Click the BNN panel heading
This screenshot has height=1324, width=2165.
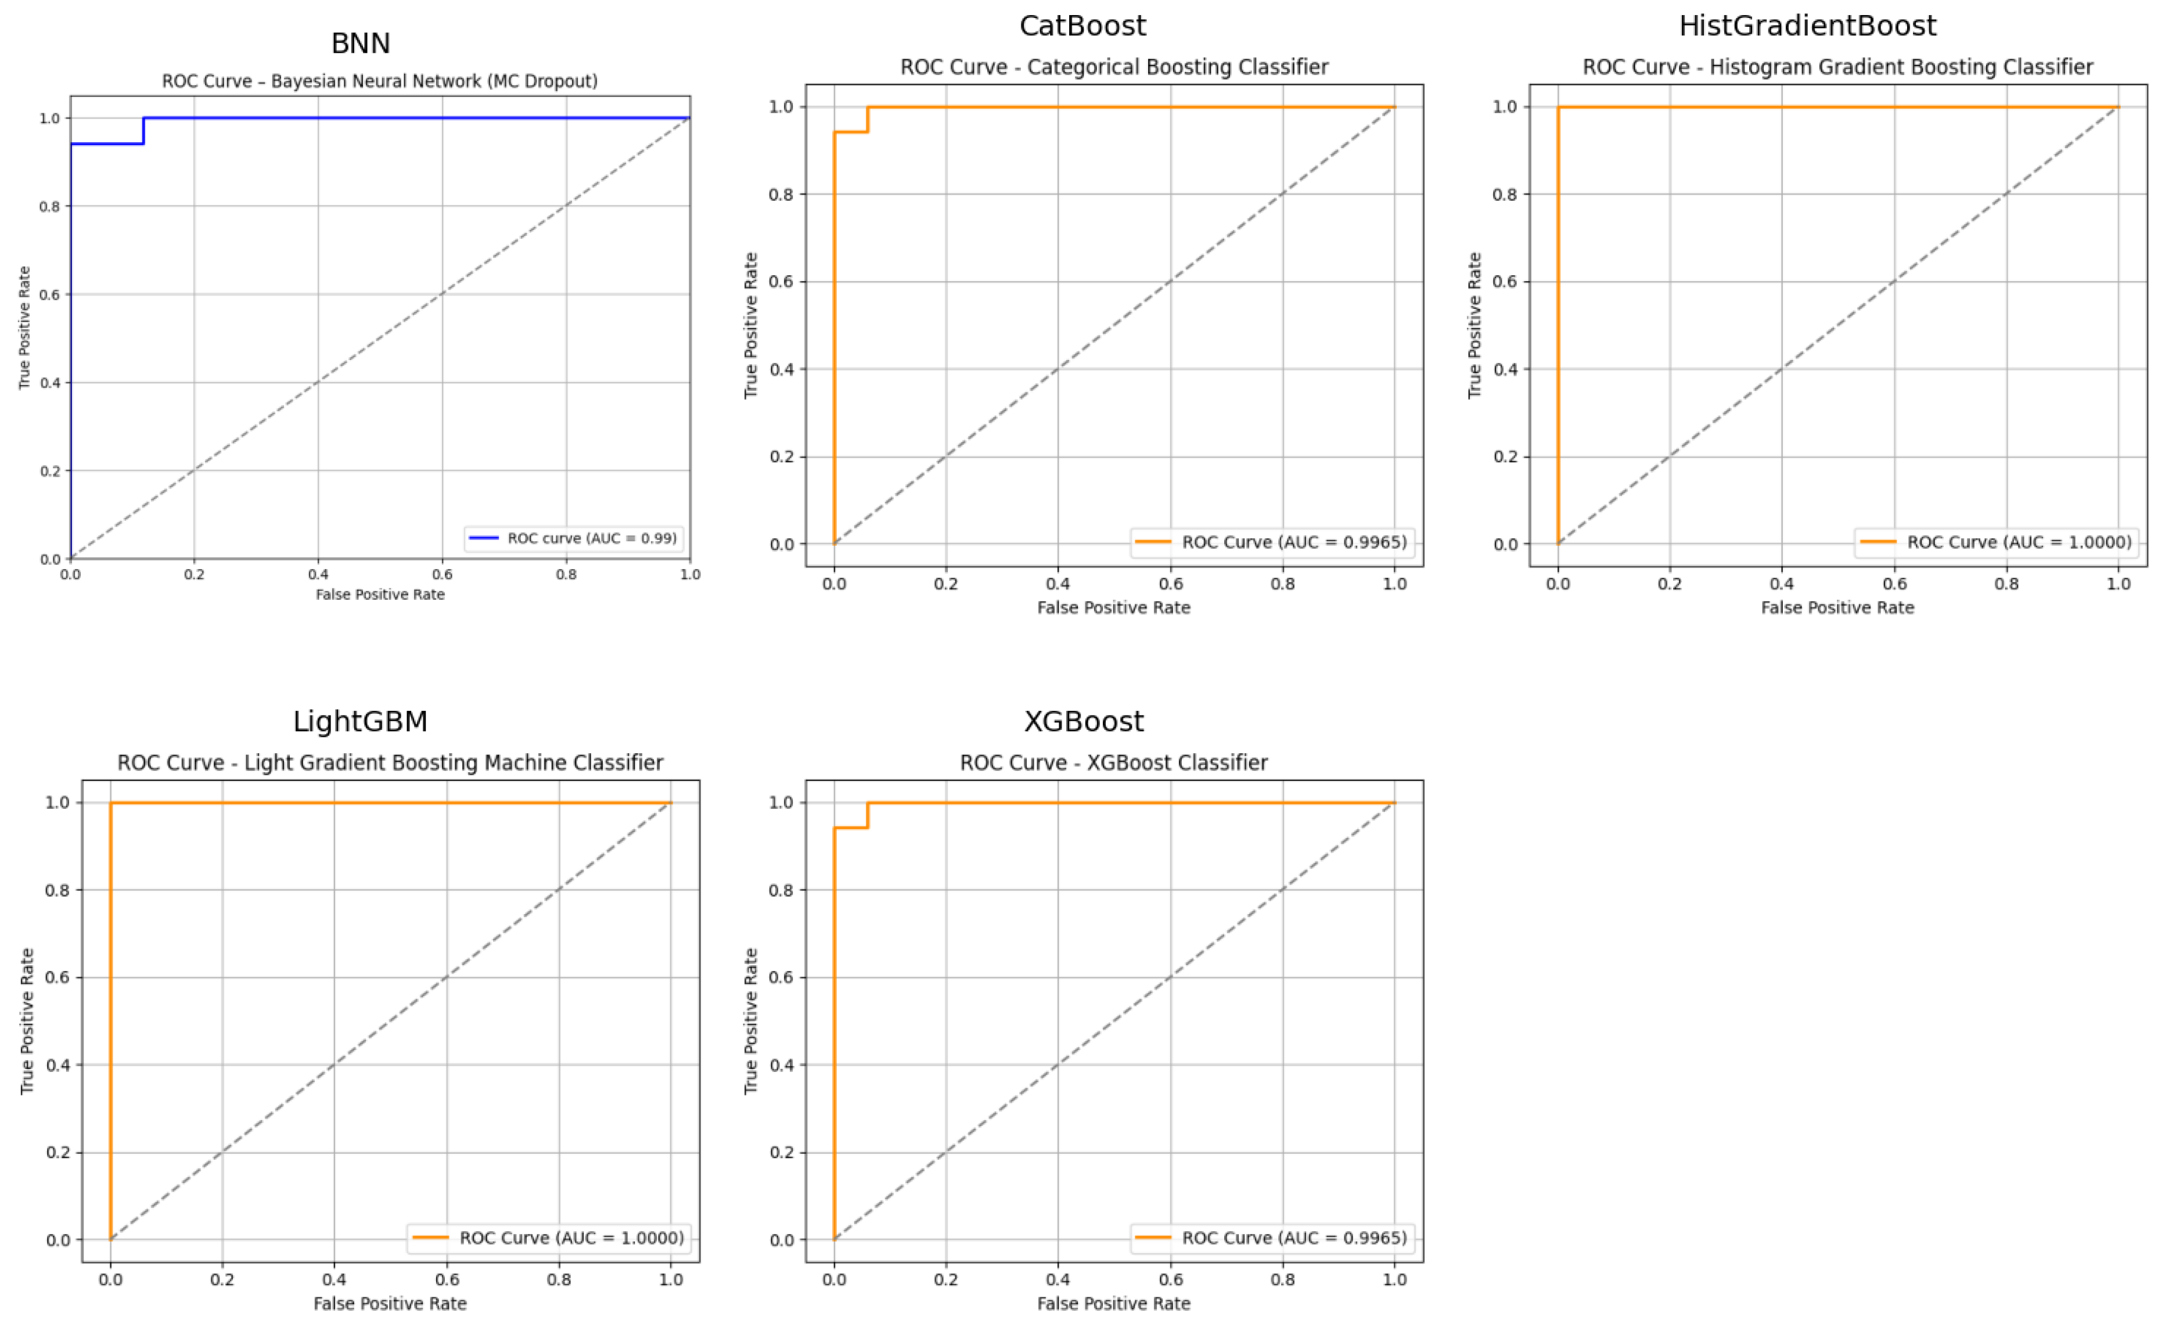point(360,43)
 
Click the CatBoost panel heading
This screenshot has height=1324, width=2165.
point(1082,26)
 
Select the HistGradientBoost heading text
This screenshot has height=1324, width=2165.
point(1807,26)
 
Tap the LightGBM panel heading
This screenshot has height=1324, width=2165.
point(360,721)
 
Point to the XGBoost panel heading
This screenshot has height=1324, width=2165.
point(1084,721)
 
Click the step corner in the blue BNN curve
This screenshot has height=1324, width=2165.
point(143,143)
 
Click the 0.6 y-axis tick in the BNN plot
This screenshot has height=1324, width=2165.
point(49,294)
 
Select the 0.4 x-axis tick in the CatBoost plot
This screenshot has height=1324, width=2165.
point(1058,584)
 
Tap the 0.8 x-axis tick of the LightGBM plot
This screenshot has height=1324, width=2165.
point(559,1279)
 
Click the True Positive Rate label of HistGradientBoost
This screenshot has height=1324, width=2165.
point(1474,325)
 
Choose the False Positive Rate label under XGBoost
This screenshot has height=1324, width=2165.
point(1113,1303)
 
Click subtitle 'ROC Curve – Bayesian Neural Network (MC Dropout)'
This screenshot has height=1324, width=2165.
point(380,81)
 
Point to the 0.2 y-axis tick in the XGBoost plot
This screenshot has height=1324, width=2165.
point(781,1152)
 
